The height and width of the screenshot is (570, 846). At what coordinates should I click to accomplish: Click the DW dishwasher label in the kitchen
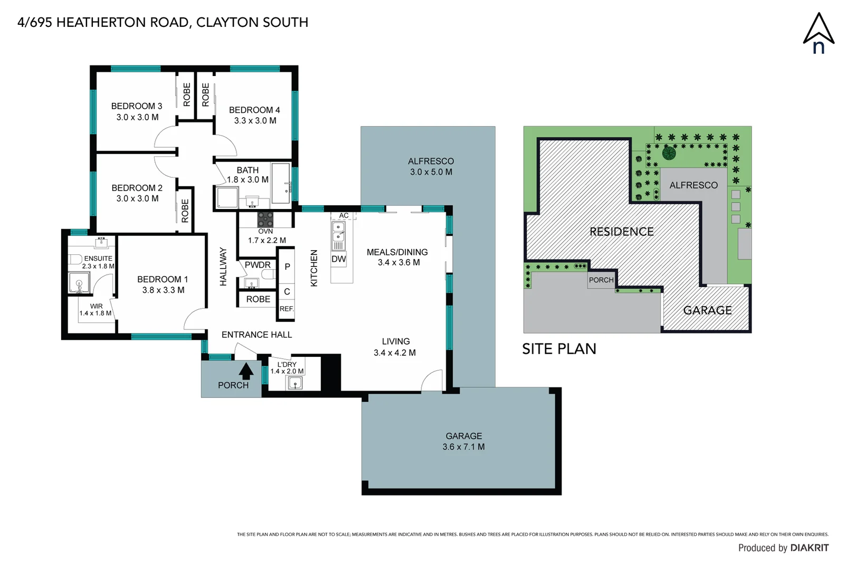click(x=338, y=259)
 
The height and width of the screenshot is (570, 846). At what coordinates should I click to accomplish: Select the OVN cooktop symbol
click(x=265, y=219)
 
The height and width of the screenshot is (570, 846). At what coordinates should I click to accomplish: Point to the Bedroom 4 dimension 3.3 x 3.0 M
click(x=255, y=121)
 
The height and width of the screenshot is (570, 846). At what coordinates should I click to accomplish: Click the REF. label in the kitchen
click(x=287, y=309)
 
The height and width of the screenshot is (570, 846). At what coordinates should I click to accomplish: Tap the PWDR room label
click(x=258, y=265)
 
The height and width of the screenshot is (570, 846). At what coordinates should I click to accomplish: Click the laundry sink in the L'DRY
click(x=295, y=383)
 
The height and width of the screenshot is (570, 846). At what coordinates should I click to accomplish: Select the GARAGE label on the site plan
click(x=707, y=310)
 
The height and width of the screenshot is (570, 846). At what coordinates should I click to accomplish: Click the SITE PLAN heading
click(x=559, y=349)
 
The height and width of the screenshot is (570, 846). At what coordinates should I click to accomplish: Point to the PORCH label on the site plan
click(x=601, y=280)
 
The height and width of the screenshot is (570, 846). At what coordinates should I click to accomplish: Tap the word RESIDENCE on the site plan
click(x=621, y=232)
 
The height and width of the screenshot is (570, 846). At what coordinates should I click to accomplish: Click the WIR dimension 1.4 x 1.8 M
click(x=96, y=313)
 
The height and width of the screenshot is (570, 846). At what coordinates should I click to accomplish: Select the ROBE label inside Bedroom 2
click(x=185, y=211)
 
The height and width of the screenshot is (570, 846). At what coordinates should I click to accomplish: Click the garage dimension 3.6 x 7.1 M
click(x=463, y=447)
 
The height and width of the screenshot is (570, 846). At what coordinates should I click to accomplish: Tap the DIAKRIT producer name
click(x=809, y=548)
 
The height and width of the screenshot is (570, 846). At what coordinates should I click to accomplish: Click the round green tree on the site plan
click(x=669, y=154)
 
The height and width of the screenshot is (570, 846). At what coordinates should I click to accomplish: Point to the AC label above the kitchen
click(x=344, y=215)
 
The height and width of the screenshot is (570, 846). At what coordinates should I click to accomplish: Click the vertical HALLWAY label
click(x=223, y=267)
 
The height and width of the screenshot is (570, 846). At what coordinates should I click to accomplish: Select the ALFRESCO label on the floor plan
click(x=431, y=161)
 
